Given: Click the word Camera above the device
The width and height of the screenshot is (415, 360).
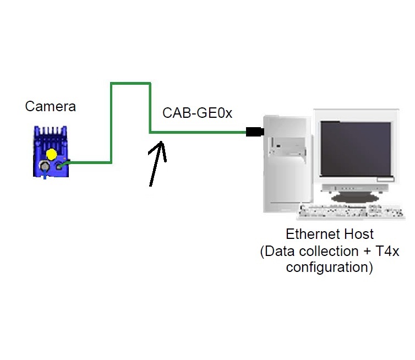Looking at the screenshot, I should click(x=51, y=106).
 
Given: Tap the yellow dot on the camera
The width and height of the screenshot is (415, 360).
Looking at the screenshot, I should click(x=51, y=154).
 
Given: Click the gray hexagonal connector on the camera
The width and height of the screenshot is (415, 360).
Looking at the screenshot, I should click(x=42, y=166).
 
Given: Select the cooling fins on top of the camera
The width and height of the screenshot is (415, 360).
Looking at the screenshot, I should click(x=51, y=132).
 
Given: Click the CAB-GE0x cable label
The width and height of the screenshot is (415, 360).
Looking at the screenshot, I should click(x=197, y=113).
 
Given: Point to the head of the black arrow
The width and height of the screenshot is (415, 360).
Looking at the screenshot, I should click(x=161, y=145).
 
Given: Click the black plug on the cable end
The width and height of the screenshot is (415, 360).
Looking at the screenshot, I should click(x=254, y=132).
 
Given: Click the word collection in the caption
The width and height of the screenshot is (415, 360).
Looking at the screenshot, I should click(x=330, y=252).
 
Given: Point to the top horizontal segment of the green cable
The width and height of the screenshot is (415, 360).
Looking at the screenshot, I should click(x=130, y=83).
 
